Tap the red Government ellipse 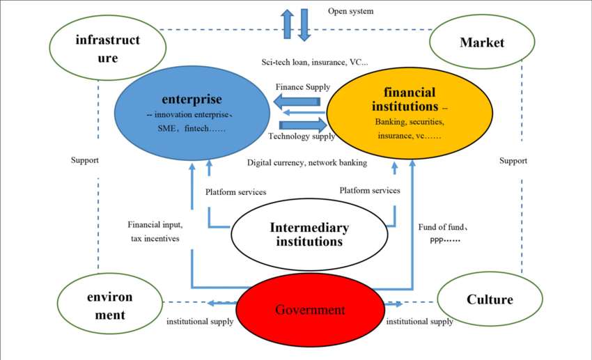pyautogui.click(x=309, y=310)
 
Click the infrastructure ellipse pyautogui.click(x=107, y=48)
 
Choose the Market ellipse pyautogui.click(x=481, y=44)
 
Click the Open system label pyautogui.click(x=350, y=11)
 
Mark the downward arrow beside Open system pyautogui.click(x=304, y=24)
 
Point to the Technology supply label pyautogui.click(x=302, y=136)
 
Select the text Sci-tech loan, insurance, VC pyautogui.click(x=315, y=62)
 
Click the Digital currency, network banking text pyautogui.click(x=307, y=163)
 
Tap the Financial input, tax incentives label pyautogui.click(x=155, y=232)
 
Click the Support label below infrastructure pyautogui.click(x=85, y=160)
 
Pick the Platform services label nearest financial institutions pyautogui.click(x=370, y=190)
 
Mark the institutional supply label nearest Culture pyautogui.click(x=420, y=322)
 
